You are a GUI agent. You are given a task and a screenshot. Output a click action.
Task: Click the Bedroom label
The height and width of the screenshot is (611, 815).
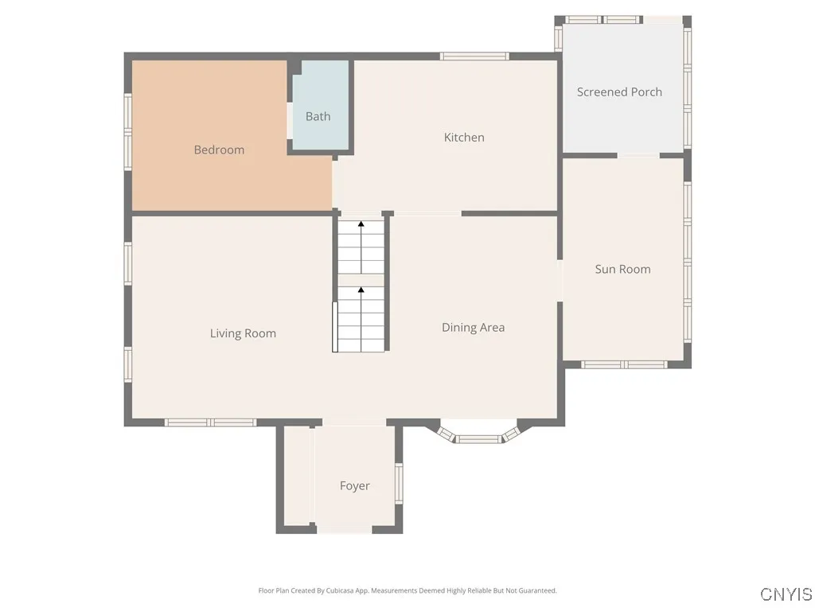tap(219, 150)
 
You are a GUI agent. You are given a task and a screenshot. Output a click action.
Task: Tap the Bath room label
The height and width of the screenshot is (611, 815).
tap(318, 116)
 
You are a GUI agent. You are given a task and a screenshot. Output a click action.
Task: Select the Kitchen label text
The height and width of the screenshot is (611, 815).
tap(464, 137)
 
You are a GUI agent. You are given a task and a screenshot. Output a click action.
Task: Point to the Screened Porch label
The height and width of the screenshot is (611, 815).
tap(619, 91)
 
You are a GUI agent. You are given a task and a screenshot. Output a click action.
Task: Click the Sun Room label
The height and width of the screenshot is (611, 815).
tap(622, 269)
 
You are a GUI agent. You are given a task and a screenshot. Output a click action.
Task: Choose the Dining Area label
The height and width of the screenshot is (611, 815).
tap(473, 327)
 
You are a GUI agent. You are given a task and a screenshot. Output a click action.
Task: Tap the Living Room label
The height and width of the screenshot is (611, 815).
tap(243, 333)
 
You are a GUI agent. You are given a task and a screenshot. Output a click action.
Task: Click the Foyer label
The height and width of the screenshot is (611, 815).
tap(354, 485)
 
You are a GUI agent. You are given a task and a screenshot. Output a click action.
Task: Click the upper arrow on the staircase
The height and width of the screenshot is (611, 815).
tap(361, 225)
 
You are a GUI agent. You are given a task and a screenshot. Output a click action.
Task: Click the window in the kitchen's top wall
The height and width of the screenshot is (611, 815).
tap(474, 56)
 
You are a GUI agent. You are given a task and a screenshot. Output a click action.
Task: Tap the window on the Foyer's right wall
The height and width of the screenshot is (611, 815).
tap(400, 484)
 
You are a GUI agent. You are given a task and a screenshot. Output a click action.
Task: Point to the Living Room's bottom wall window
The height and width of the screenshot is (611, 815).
tap(210, 422)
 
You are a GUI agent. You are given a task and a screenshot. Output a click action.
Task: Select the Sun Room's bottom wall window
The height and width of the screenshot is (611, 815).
tap(623, 364)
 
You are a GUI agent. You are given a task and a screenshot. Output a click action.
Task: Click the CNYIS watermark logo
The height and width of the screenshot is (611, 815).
tap(786, 594)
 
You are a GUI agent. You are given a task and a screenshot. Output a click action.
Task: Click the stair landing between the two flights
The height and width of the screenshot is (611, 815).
tap(361, 280)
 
